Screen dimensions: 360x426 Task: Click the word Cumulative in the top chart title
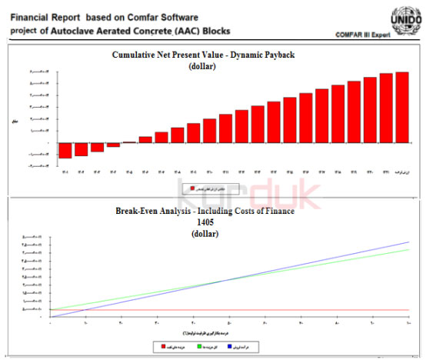point(138,55)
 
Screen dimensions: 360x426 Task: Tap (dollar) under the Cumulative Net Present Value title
point(202,66)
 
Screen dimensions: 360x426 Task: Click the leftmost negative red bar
point(65,150)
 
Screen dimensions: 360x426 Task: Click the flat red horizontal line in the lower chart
point(231,309)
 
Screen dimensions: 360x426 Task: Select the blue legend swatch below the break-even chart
point(239,348)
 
